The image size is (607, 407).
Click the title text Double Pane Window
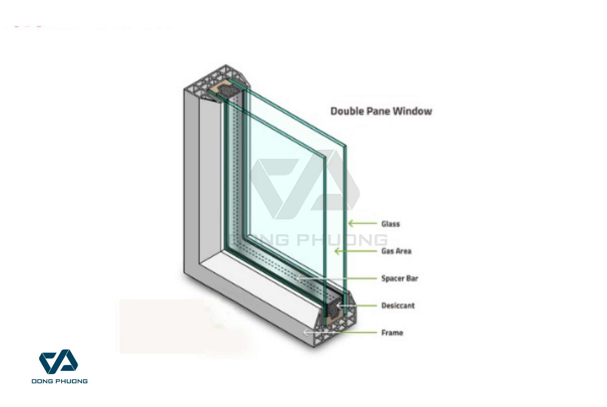[x=381, y=111]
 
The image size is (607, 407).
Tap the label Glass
[x=391, y=224]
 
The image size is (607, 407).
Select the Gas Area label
[x=396, y=251]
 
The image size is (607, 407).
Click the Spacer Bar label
[x=399, y=278]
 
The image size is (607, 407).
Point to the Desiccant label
[x=398, y=306]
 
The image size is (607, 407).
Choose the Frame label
[x=392, y=333]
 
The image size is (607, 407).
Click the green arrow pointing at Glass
[x=362, y=223]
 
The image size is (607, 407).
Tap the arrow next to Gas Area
[x=355, y=251]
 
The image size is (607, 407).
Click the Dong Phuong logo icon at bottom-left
[x=59, y=362]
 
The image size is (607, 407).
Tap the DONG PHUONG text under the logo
[x=60, y=381]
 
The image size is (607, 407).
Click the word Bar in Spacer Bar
[x=412, y=278]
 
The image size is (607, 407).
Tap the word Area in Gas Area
[x=403, y=251]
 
